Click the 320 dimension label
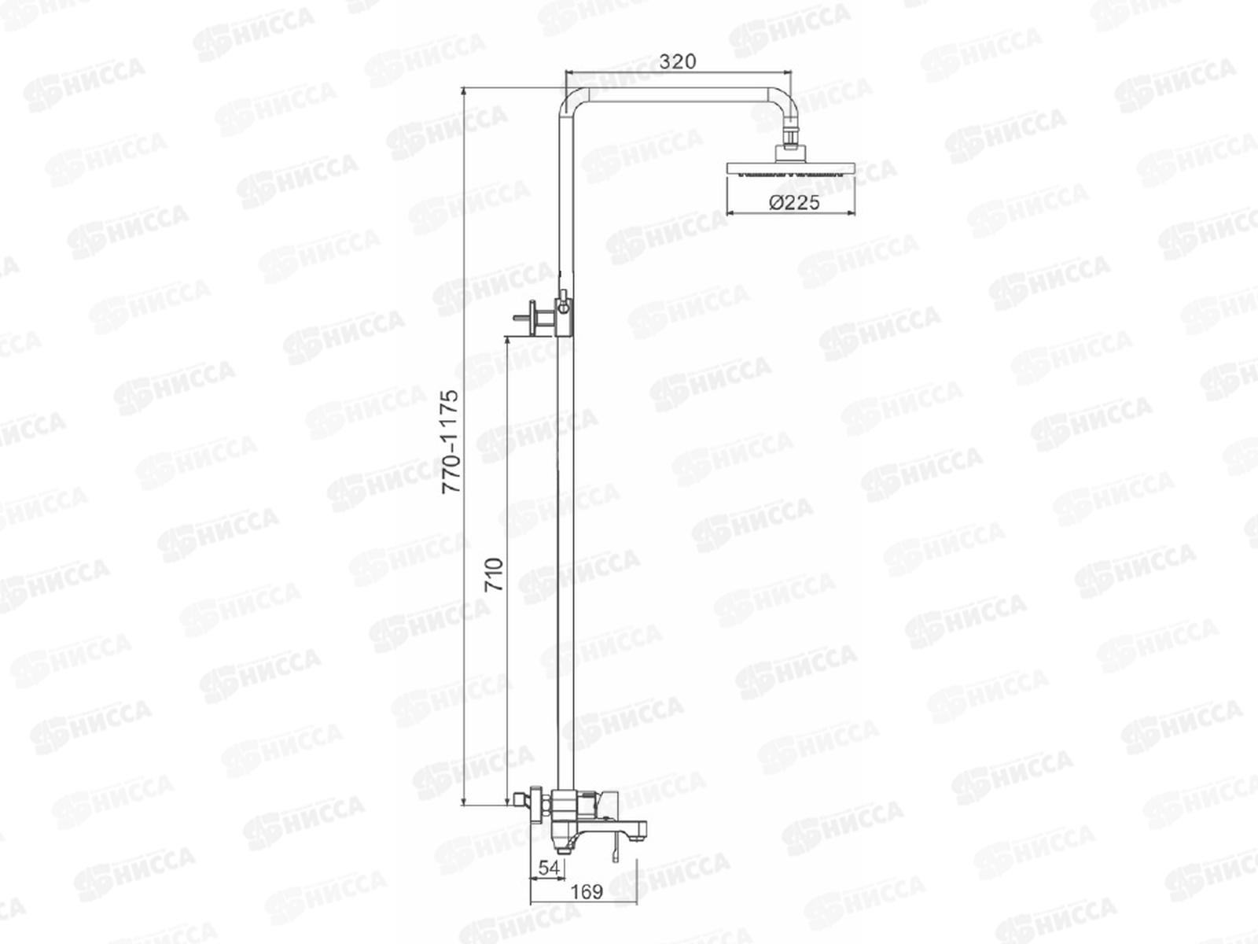click(678, 61)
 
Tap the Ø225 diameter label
click(794, 202)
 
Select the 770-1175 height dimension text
click(451, 441)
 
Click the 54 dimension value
click(549, 868)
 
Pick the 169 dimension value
click(587, 892)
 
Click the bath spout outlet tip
click(639, 830)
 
